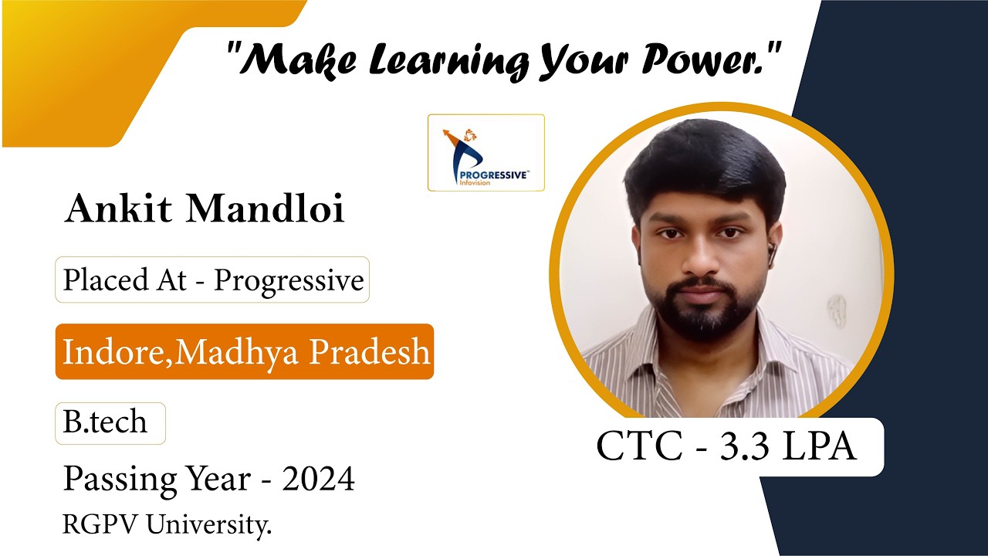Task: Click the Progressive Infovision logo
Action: [x=486, y=153]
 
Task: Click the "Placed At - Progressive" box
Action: [x=212, y=280]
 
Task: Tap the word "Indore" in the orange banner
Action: [x=117, y=352]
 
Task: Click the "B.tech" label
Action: [x=106, y=423]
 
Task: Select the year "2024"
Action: [x=318, y=480]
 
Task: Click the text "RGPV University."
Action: [x=167, y=525]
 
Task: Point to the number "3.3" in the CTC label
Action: [x=739, y=446]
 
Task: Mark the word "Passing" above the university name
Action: [x=120, y=480]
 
